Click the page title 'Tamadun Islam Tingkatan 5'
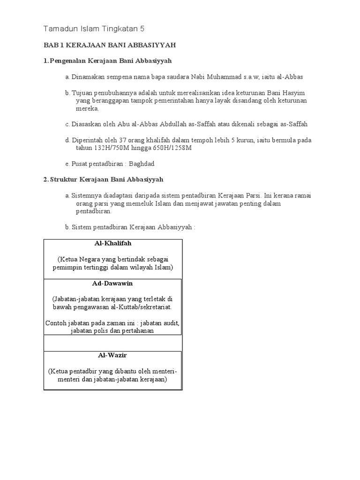pos(94,29)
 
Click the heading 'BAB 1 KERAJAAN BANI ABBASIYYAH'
pos(110,45)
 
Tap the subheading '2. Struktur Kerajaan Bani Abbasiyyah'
pos(103,180)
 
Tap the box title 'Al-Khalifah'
pos(112,244)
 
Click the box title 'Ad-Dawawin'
pos(112,284)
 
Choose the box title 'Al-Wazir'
pos(112,355)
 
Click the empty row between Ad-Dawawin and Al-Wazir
pos(112,343)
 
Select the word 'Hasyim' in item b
pos(294,93)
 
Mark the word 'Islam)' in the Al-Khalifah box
pos(162,267)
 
